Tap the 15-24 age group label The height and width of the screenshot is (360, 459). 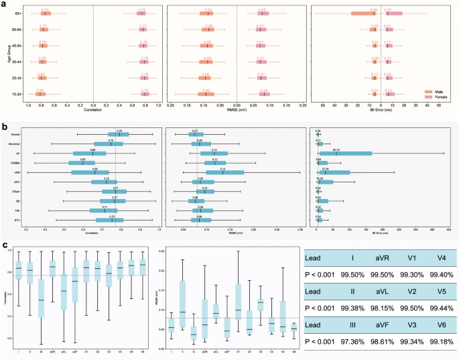pos(14,95)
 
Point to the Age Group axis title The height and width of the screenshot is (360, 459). pos(5,54)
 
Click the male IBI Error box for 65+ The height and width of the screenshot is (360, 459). pos(363,13)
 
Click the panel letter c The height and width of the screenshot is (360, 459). pos(5,245)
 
